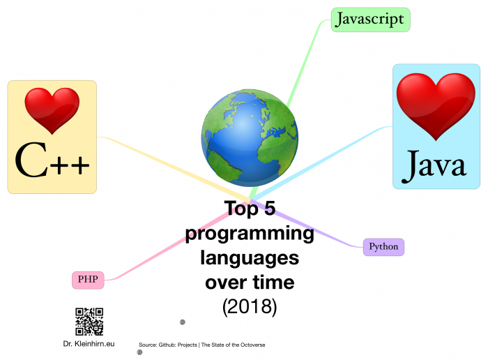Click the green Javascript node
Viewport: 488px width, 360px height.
(x=369, y=20)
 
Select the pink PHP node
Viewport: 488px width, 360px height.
(x=88, y=280)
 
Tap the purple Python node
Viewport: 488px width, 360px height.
(x=383, y=246)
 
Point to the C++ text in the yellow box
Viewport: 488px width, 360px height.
(x=52, y=161)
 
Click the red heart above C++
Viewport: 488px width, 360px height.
(x=52, y=110)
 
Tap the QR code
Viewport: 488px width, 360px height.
(x=89, y=322)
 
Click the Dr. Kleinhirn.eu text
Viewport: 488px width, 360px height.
(x=89, y=344)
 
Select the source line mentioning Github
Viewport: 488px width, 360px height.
(x=201, y=345)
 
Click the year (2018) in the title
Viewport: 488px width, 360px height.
(x=250, y=307)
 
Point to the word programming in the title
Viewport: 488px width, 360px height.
(x=250, y=234)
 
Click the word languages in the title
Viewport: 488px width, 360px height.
(x=250, y=258)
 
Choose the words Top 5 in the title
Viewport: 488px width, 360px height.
(x=250, y=209)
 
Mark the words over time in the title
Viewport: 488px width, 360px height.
(x=250, y=283)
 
